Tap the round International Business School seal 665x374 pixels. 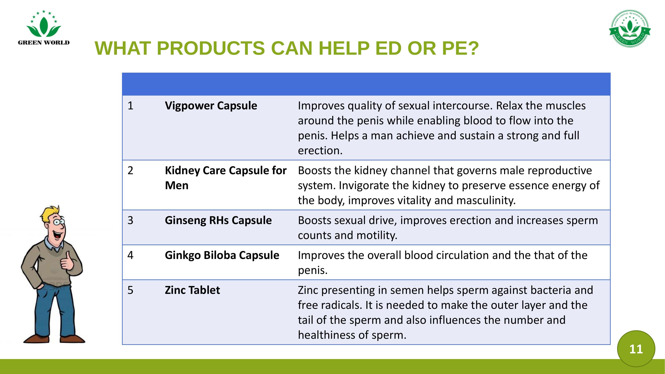coord(630,29)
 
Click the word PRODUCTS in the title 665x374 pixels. coord(211,48)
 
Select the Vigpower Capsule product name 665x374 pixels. coord(211,106)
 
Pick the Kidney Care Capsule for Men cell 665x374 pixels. coord(226,178)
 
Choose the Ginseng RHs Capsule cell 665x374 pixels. coord(218,220)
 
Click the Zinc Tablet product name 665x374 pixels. coord(192,290)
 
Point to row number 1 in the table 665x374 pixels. coord(130,106)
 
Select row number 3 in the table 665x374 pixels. coord(130,220)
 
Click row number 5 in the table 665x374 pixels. coord(130,290)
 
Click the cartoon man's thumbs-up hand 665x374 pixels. coord(67,262)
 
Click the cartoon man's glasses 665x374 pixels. coord(59,221)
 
